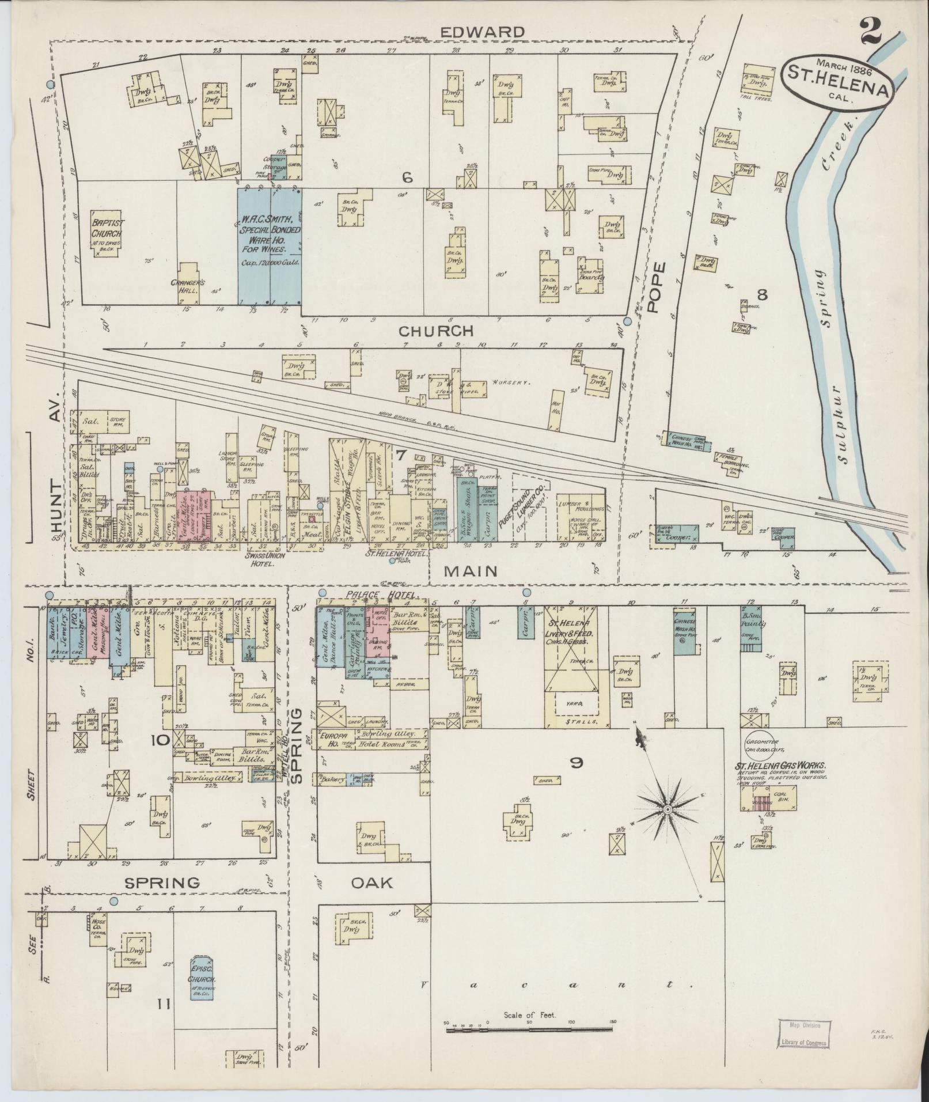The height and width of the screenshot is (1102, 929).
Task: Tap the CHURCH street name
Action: (436, 331)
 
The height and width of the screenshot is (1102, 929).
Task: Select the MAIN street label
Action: (471, 571)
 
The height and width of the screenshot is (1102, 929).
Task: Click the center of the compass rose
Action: (667, 809)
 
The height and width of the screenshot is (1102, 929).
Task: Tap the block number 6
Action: (407, 179)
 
